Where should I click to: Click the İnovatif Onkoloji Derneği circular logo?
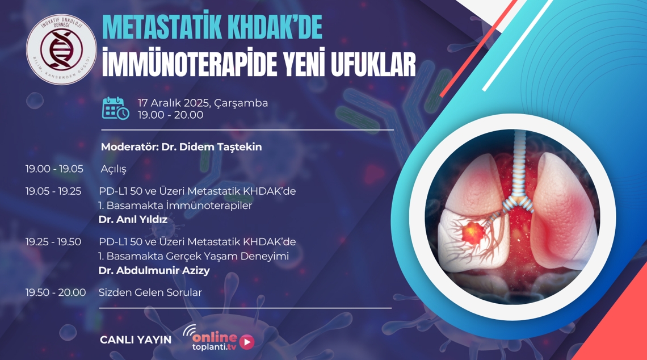[x=61, y=49]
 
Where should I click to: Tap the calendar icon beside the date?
[x=116, y=108]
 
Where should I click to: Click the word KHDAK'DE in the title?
[x=275, y=28]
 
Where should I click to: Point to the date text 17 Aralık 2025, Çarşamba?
[x=203, y=103]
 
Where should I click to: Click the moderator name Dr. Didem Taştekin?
[x=211, y=147]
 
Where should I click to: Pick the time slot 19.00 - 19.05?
[x=54, y=169]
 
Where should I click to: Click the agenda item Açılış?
[x=114, y=169]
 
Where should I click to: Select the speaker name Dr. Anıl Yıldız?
[x=133, y=219]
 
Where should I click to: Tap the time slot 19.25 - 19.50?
[x=53, y=242]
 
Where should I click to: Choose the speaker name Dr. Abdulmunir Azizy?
[x=154, y=271]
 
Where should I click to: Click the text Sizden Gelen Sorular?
[x=150, y=292]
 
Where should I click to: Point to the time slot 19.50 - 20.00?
[x=55, y=292]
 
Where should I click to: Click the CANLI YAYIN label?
[x=135, y=340]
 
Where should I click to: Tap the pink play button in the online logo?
[x=247, y=342]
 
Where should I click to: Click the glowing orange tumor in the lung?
[x=472, y=232]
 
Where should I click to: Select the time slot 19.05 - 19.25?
[x=53, y=191]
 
